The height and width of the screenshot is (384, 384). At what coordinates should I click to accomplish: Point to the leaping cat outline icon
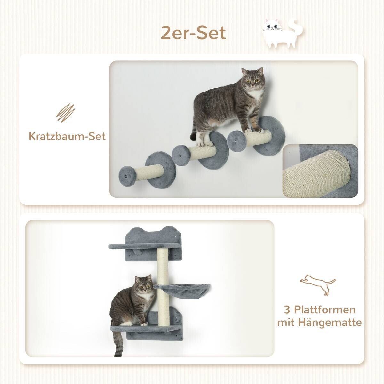(317, 283)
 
